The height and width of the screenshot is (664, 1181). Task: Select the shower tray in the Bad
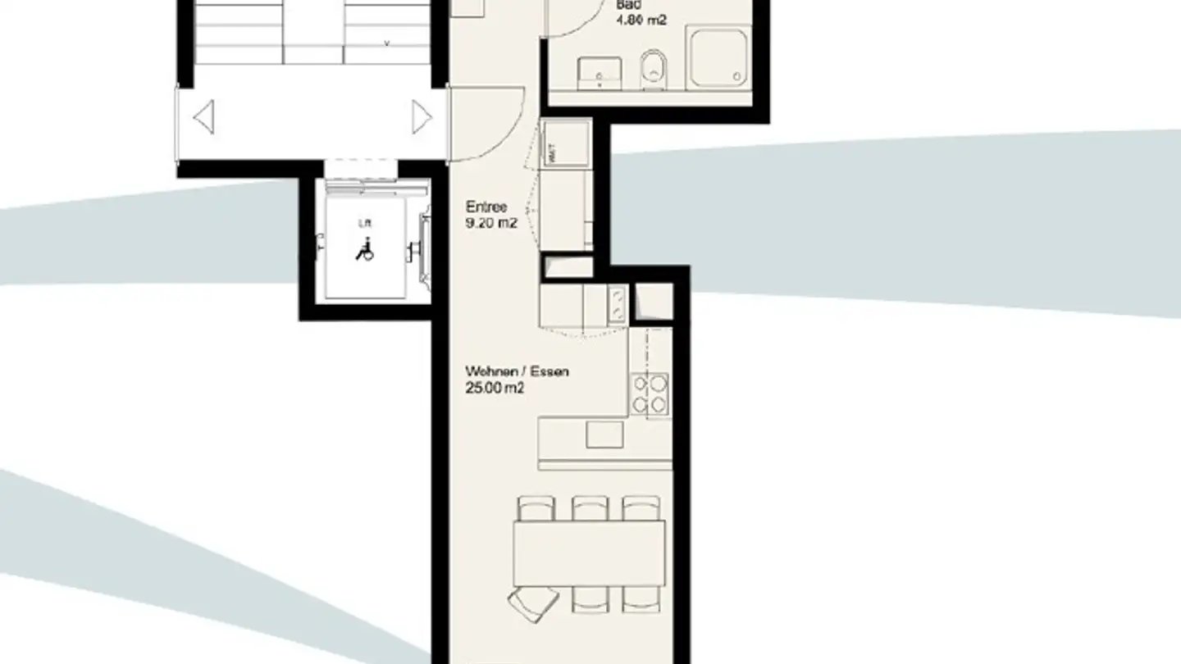point(719,55)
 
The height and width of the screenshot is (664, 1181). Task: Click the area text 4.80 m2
point(641,19)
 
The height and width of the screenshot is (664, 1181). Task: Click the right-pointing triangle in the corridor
point(421,117)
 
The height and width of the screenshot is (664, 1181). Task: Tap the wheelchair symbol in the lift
point(364,249)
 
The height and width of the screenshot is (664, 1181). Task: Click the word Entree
point(486,207)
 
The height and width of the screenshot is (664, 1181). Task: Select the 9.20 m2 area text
point(490,222)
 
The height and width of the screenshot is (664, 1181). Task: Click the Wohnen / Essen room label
point(517,371)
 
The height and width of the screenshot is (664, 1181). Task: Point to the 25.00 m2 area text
point(495,388)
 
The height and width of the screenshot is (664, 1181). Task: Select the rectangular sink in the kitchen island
point(604,434)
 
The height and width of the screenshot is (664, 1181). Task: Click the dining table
point(589,553)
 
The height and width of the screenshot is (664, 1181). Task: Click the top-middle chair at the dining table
point(589,507)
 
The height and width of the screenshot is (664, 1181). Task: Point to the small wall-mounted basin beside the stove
point(618,304)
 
